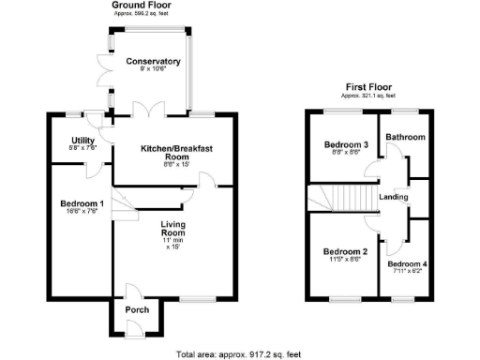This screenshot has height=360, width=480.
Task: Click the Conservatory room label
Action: pos(153,61)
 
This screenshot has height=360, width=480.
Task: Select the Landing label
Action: pos(394,197)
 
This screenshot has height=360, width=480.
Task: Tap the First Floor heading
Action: pos(366,86)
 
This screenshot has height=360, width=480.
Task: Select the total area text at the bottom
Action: pos(240,353)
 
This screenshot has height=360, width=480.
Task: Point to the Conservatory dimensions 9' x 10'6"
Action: pos(153,70)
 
